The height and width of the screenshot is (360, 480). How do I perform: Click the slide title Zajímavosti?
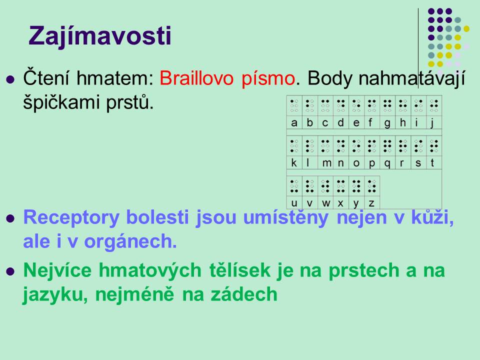pos(100,36)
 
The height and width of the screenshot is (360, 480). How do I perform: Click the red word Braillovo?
pos(196,78)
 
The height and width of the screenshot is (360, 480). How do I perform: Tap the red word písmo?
pos(268,79)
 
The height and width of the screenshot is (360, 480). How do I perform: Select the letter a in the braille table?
pos(294,123)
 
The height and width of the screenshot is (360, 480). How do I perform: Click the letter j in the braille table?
pos(432,123)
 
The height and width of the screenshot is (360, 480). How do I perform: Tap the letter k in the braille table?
pos(294,162)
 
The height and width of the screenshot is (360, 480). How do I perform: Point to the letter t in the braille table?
pos(432,163)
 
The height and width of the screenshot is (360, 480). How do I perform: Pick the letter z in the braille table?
pos(371,203)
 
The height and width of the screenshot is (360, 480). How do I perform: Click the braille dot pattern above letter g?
pos(387,105)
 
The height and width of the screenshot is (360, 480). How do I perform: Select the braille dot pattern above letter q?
pos(387,146)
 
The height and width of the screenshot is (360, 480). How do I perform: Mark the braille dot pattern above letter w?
pos(325,186)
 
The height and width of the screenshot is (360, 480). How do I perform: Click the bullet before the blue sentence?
pos(10,218)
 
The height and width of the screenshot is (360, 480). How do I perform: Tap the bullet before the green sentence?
pos(10,271)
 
